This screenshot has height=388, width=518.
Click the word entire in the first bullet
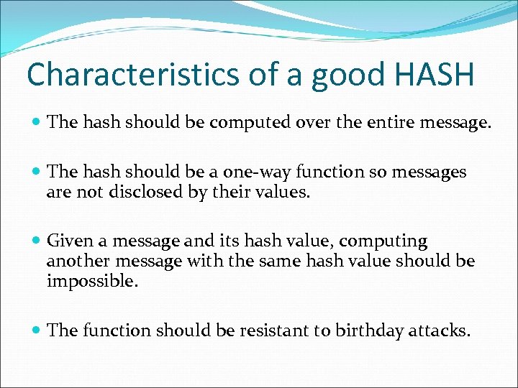389,124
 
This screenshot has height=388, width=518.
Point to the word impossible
91,281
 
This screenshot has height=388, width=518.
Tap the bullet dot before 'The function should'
37,331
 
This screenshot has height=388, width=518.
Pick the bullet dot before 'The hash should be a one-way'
37,173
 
